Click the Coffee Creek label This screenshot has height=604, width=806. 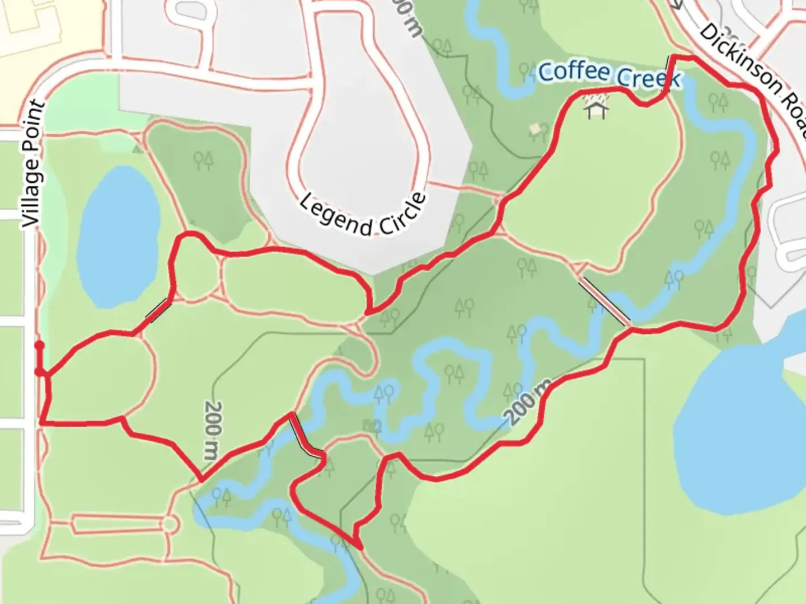609,75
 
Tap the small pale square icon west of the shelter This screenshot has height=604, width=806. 535,129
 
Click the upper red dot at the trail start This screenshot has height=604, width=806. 39,346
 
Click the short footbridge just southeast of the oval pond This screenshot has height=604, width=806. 158,310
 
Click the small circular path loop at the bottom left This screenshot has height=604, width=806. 171,524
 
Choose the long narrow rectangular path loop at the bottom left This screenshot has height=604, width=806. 118,524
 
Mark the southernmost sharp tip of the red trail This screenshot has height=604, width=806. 357,545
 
